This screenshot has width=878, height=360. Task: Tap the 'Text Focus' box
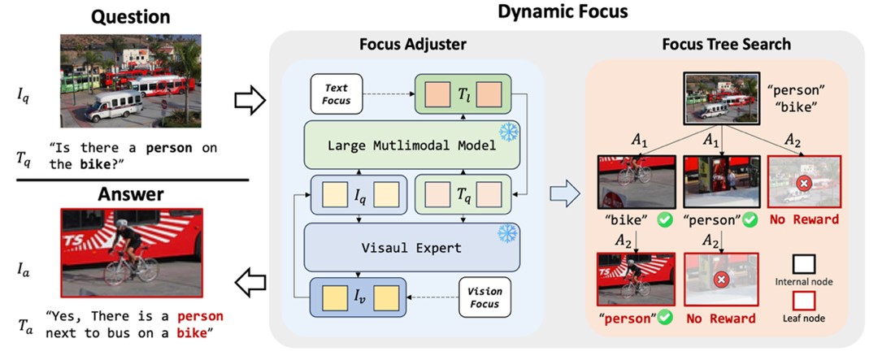coord(337,94)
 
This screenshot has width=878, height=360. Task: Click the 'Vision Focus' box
coord(485,297)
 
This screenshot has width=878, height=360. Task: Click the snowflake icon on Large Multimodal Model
coord(512,131)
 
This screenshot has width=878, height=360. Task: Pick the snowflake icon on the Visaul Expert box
coord(512,232)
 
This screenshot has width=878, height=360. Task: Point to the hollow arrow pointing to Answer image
coord(247,281)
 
